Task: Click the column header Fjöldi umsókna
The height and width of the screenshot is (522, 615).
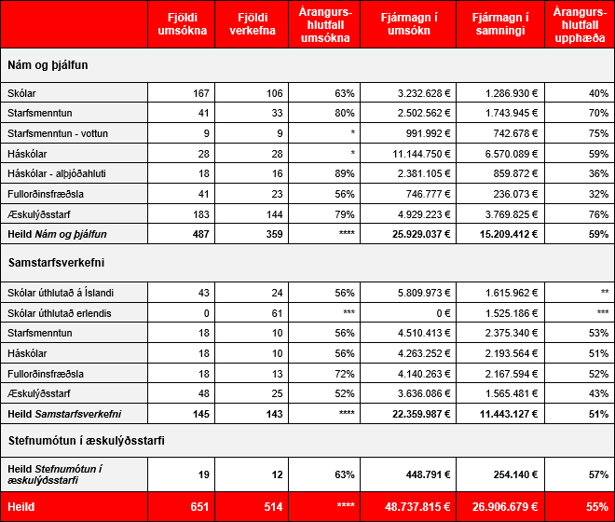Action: coord(180,24)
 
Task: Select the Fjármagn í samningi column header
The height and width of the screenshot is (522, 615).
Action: coord(502,24)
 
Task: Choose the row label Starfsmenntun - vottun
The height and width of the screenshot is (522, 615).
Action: coord(57,132)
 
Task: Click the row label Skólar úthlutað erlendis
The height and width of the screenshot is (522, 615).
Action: coord(59,312)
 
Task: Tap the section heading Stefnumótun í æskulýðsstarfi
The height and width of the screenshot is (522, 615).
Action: coord(87,441)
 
